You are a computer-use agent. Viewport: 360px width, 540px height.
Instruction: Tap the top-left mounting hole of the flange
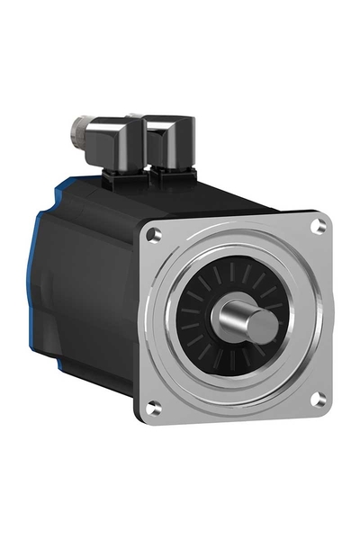(x=156, y=234)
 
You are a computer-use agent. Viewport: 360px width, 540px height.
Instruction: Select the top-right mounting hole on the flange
(x=316, y=226)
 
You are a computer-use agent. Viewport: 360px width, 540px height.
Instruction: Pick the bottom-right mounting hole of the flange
(x=318, y=399)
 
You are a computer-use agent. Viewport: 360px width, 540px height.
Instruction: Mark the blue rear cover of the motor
(x=41, y=270)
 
